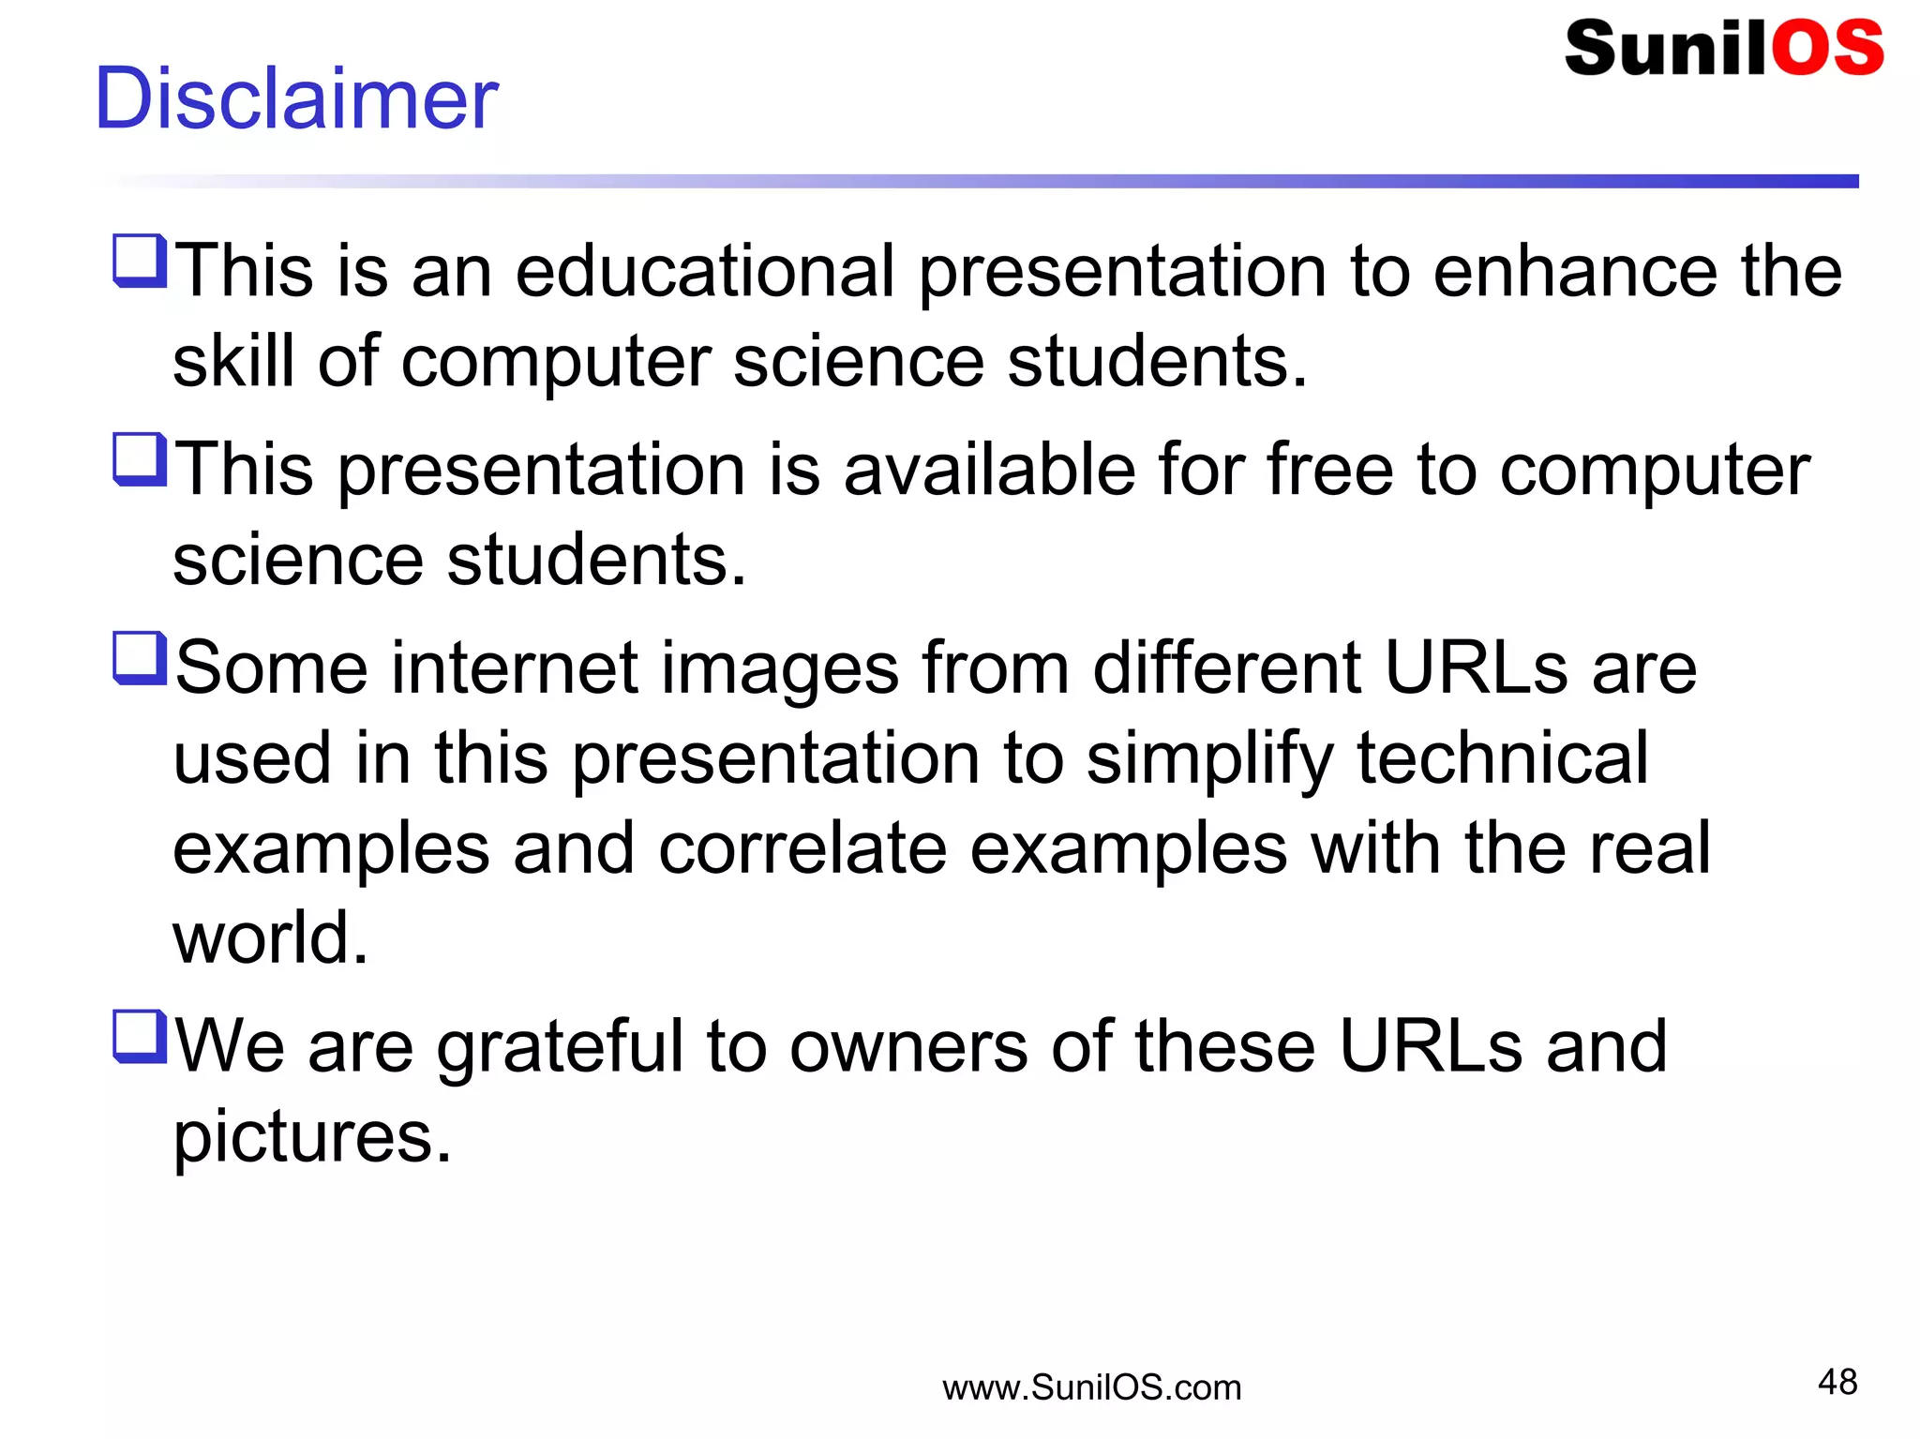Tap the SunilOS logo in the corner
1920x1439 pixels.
pos(1723,49)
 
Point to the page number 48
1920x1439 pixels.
pos(1837,1382)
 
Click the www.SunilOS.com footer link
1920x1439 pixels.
pos(1091,1387)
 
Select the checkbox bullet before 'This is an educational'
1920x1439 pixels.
pos(140,262)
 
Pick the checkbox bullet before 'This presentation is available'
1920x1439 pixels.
pos(140,460)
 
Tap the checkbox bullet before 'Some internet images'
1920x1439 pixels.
pos(140,659)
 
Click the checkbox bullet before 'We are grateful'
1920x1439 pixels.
pos(140,1037)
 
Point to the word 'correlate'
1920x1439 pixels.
pos(802,848)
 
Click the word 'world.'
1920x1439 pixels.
pos(270,937)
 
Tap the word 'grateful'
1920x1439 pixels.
pos(560,1048)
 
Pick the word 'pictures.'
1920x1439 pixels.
pos(312,1138)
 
